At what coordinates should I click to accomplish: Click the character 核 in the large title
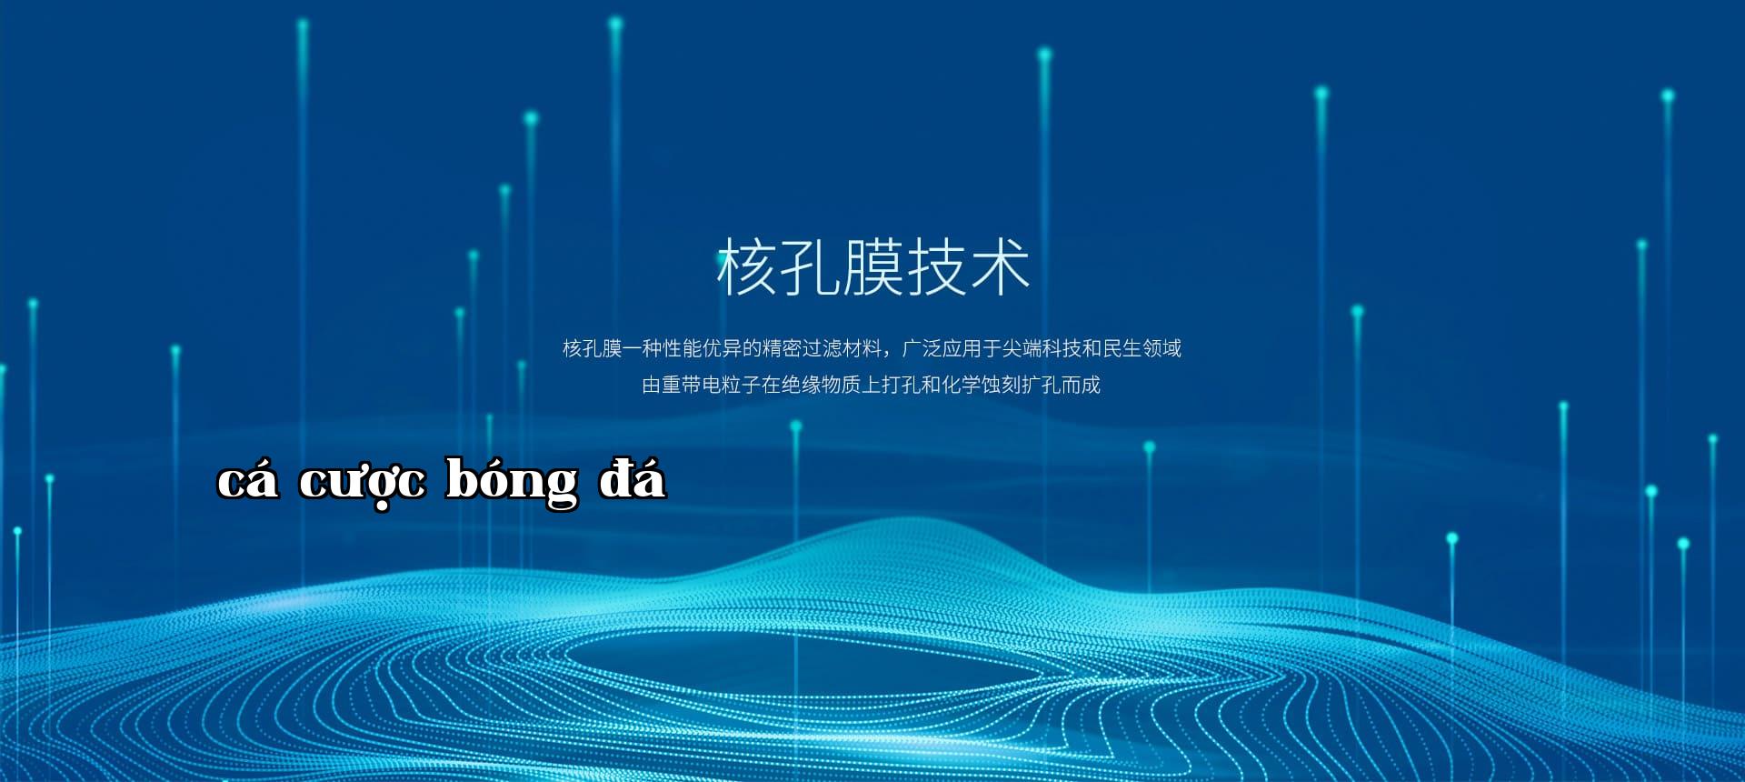(x=747, y=266)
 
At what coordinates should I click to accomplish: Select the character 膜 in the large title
(x=873, y=266)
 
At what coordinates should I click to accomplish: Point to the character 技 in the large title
(x=937, y=266)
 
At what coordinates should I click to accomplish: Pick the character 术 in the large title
(x=1000, y=266)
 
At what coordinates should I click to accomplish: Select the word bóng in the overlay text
(x=512, y=481)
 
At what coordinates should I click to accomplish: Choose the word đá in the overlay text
(x=633, y=477)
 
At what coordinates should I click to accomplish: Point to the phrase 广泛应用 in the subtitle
(x=942, y=348)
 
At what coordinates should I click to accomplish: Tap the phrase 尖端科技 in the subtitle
(x=1042, y=348)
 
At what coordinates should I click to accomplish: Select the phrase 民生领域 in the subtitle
(x=1142, y=348)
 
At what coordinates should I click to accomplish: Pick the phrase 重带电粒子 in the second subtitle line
(x=712, y=385)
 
